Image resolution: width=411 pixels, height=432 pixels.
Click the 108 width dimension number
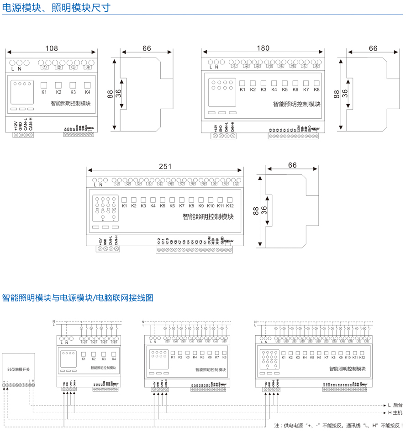tap(52, 48)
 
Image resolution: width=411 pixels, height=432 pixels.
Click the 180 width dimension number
tap(263, 48)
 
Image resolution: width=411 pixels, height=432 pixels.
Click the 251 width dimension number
tap(165, 167)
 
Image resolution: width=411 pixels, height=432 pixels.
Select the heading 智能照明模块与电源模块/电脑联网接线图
tap(78, 298)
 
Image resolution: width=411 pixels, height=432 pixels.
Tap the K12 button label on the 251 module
tap(230, 206)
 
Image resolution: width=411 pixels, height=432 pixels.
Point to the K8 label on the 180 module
tap(316, 90)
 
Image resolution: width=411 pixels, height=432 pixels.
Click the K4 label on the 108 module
tap(88, 92)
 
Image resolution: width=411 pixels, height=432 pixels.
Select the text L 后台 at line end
tap(395, 405)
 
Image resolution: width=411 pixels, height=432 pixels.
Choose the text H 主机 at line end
tap(395, 413)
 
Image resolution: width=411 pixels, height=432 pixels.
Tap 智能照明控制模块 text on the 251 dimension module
tap(208, 217)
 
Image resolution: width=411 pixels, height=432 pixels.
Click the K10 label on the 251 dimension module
tap(211, 206)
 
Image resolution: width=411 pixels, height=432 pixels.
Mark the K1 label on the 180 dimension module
tap(242, 90)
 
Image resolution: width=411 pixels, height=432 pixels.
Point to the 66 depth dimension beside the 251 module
tap(292, 165)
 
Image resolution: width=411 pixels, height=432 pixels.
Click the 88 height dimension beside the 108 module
tap(110, 95)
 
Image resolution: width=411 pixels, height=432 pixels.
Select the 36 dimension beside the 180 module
tap(345, 94)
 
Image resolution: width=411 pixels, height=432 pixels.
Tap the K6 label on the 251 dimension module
tap(172, 206)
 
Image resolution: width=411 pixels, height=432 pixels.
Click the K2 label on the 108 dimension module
tap(58, 92)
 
